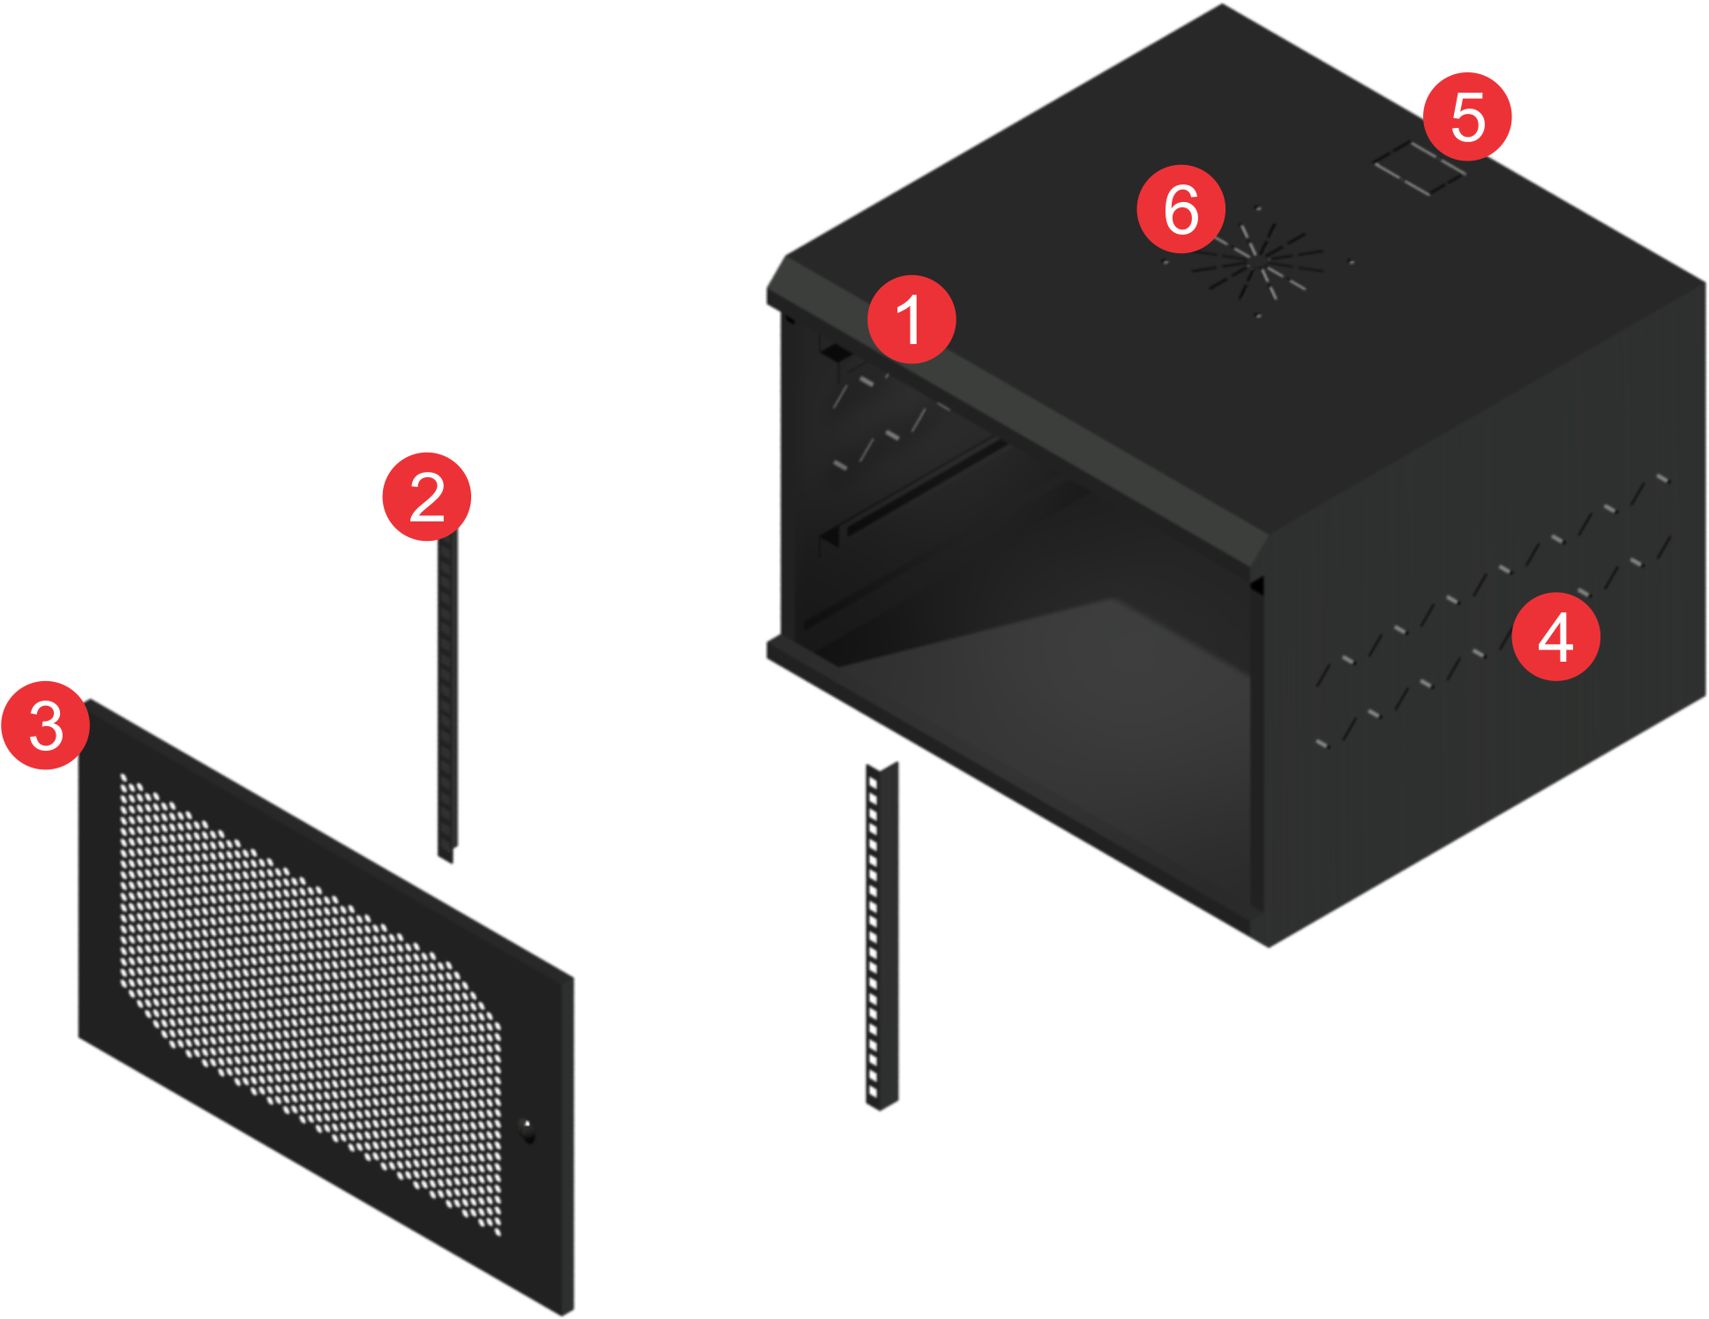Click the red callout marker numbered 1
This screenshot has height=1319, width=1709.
click(x=911, y=319)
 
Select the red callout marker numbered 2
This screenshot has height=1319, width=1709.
click(x=427, y=497)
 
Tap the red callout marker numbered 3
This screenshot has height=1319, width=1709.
click(x=46, y=725)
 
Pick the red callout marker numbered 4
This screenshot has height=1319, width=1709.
click(x=1555, y=637)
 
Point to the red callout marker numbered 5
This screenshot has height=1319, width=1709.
click(x=1467, y=116)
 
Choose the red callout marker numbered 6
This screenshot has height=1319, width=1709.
click(x=1181, y=209)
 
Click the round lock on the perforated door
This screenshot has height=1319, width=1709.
click(x=527, y=1129)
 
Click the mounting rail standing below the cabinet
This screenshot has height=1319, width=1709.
click(x=881, y=935)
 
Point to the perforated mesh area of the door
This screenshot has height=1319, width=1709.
click(x=309, y=997)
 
